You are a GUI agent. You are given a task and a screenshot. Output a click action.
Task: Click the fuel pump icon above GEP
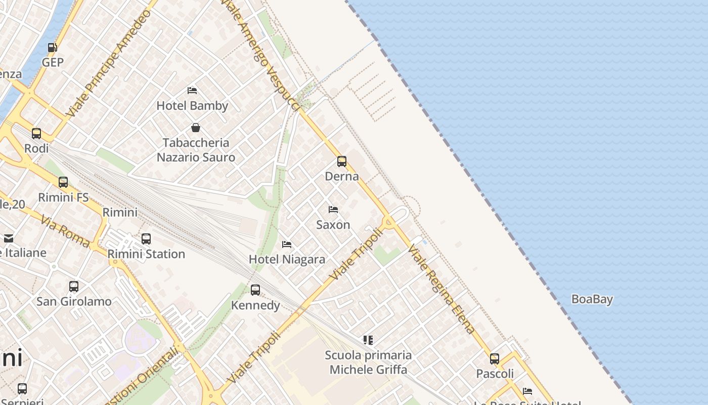[x=52, y=48]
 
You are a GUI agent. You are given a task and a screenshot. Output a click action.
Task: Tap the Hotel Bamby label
[x=192, y=106]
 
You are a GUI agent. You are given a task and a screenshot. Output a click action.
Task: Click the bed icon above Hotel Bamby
[x=192, y=91]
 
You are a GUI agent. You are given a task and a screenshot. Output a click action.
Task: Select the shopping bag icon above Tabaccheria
[x=196, y=128]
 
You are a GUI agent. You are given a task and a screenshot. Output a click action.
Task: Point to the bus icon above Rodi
[x=36, y=134]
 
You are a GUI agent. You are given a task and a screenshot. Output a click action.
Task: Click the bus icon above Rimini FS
[x=63, y=182]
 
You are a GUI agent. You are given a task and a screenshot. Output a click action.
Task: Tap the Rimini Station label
[x=146, y=254]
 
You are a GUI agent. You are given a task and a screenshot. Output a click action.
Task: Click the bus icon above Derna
[x=342, y=161]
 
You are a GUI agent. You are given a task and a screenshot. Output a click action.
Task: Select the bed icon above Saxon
[x=333, y=210]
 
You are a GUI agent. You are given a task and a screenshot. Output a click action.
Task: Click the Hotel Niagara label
[x=287, y=259]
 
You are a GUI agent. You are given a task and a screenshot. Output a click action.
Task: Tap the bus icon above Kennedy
[x=255, y=290]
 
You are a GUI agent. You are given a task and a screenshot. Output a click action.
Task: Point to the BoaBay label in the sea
[x=592, y=299]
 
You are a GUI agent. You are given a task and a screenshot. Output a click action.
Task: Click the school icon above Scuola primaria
[x=368, y=340]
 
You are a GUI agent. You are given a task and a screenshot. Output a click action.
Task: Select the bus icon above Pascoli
[x=495, y=359]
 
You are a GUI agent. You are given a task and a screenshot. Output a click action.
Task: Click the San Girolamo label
[x=74, y=301]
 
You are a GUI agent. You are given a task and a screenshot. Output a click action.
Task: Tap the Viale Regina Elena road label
[x=442, y=289]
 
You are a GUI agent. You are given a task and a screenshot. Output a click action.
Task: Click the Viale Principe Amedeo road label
[x=109, y=63]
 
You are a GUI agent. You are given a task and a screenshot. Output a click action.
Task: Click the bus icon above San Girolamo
[x=74, y=287]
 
